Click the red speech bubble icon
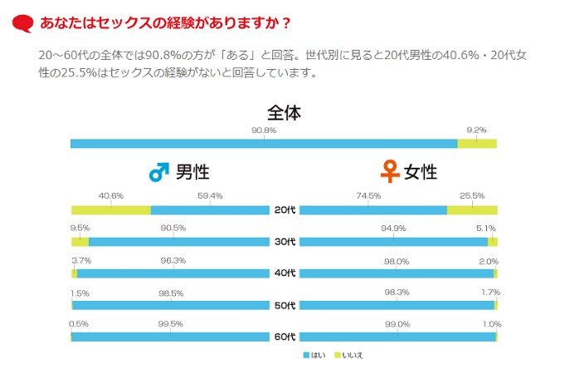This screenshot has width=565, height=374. pos(23,21)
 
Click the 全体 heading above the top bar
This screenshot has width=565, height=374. pos(283,112)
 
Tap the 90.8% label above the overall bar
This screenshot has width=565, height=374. pos(264,130)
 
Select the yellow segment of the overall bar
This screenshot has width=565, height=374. pos(476,144)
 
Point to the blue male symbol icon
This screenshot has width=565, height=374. pos(158,172)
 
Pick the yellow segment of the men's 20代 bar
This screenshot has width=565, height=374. pos(110,210)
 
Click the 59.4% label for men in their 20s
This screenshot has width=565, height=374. pos(210,196)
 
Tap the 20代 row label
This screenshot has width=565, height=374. pos(284,210)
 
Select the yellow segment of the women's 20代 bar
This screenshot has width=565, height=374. pos(471,210)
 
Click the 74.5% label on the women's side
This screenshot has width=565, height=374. pos(368,196)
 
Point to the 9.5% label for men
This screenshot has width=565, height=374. pos(80,228)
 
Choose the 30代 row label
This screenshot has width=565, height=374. pos(284,242)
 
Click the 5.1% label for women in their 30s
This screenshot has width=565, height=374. pos(485,228)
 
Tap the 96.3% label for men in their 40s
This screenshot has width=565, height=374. pos(173,260)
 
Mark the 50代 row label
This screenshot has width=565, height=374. pos(284,306)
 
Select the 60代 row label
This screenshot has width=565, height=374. pos(284,337)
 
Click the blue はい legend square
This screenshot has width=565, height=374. pos(306,355)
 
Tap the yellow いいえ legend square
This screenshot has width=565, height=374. pos(339,355)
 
